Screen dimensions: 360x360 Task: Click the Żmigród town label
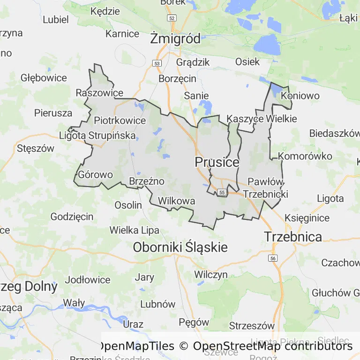tap(175, 39)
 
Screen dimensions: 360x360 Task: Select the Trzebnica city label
tap(293, 237)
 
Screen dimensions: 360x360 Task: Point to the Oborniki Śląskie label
tap(180, 247)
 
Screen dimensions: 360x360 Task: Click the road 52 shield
tap(172, 18)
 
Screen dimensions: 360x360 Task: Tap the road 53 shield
tap(157, 63)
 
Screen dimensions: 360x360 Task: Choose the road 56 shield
tap(273, 258)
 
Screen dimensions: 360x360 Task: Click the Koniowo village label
tap(300, 96)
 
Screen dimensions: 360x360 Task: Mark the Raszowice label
tap(99, 93)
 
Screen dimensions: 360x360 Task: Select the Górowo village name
tap(96, 175)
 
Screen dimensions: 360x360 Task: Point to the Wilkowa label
tap(176, 201)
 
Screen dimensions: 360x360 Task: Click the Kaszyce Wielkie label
tap(262, 119)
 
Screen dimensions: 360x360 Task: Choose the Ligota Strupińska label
tap(97, 136)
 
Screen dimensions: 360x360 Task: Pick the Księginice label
tap(307, 218)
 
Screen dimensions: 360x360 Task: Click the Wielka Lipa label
tap(134, 230)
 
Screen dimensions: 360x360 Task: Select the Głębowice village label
tap(44, 78)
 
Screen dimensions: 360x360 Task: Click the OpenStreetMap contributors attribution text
tap(272, 346)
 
